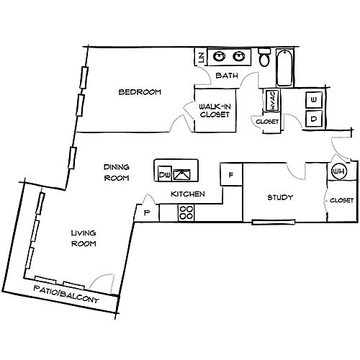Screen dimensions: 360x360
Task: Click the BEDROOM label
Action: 140,92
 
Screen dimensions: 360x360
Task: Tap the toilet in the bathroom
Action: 264,58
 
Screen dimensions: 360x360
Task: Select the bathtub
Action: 285,68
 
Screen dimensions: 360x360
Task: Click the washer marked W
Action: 314,100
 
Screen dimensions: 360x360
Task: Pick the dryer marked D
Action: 314,119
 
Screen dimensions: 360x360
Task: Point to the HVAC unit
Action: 273,100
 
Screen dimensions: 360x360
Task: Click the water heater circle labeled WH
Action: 339,171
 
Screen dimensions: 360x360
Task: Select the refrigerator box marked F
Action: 231,174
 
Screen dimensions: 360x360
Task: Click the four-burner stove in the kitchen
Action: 186,213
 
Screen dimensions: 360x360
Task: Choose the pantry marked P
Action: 147,213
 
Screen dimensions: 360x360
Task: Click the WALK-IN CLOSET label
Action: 215,110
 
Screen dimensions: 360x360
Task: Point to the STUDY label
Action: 280,197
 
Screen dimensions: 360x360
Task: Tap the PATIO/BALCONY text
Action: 66,294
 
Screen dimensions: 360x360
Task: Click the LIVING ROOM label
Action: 84,238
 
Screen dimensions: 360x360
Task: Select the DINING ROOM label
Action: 117,172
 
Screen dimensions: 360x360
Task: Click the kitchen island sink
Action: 182,174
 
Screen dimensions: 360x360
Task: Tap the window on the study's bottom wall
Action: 274,222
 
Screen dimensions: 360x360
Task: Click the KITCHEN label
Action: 188,194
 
